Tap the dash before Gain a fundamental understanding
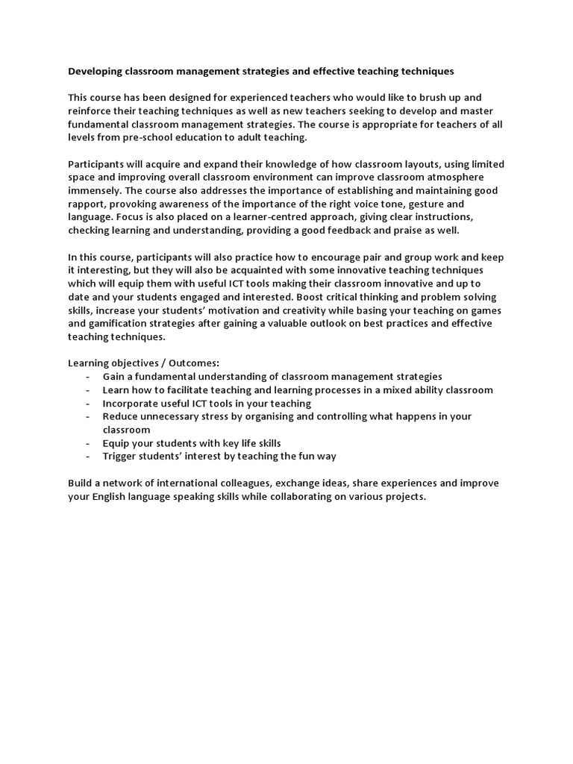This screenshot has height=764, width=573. tap(89, 377)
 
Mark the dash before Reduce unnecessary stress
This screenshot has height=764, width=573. tap(89, 417)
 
